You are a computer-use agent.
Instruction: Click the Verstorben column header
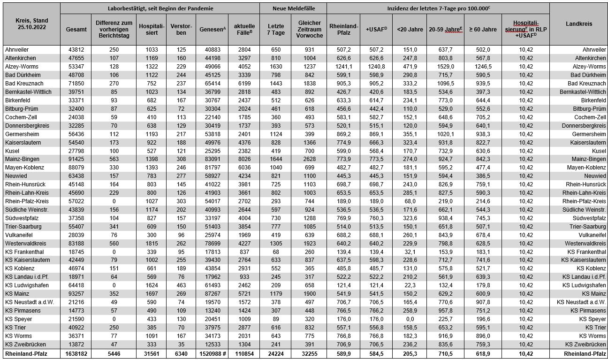[x=181, y=29]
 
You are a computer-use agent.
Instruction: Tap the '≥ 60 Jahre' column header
[x=483, y=29]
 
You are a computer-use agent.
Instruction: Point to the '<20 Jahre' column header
[x=410, y=29]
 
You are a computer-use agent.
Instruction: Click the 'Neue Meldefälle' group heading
[x=293, y=8]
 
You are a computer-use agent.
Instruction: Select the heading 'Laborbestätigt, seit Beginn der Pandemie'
[x=160, y=8]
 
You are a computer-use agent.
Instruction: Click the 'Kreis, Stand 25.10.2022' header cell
[x=30, y=24]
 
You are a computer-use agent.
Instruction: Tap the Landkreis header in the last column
[x=578, y=24]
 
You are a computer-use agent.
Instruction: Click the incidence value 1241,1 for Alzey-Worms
[x=343, y=66]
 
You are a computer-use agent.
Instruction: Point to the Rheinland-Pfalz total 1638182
[x=75, y=353]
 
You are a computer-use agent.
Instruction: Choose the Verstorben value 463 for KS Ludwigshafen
[x=181, y=285]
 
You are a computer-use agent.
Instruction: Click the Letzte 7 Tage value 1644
[x=275, y=159]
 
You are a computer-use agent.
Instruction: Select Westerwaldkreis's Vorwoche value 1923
[x=309, y=243]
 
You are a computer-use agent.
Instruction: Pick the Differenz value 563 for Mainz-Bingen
[x=113, y=159]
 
